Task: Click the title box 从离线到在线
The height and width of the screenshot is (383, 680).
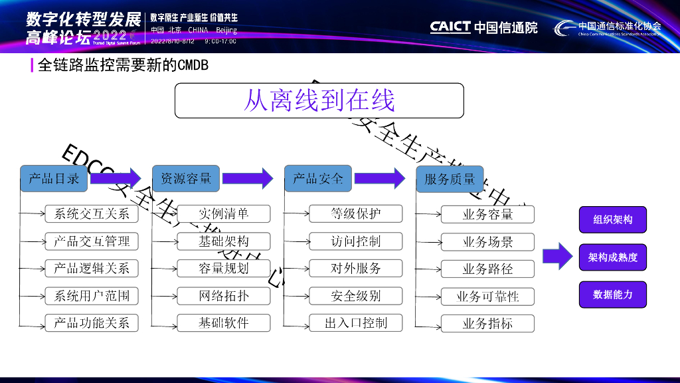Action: (319, 100)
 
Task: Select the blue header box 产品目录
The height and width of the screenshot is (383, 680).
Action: (54, 178)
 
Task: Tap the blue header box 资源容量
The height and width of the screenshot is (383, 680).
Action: (186, 178)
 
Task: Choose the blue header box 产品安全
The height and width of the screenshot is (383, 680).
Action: (318, 178)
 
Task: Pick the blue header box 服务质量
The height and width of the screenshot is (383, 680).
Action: (450, 179)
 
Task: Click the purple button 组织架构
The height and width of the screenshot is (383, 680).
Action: (613, 219)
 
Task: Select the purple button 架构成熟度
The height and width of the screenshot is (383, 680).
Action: (613, 257)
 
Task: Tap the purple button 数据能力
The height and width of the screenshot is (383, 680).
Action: (613, 295)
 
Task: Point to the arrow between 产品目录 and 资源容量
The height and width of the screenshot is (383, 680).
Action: (116, 178)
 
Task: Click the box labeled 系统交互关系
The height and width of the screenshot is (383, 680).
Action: (92, 213)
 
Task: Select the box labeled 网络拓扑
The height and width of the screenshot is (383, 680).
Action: (224, 296)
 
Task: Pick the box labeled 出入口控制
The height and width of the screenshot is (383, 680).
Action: (355, 323)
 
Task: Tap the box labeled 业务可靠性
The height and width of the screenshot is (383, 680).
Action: (487, 297)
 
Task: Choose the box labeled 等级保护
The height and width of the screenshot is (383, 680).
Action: (355, 213)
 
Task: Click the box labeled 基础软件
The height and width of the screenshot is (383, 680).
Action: (224, 323)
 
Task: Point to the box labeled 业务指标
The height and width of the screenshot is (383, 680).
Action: (487, 324)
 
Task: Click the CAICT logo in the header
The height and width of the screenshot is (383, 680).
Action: (483, 27)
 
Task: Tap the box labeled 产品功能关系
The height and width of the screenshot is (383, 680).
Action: (92, 323)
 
